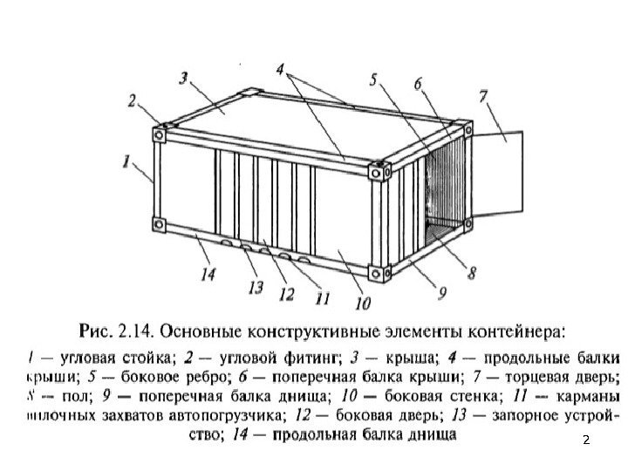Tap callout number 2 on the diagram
133,101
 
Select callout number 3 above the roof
184,78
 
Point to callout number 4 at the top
279,67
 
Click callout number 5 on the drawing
374,80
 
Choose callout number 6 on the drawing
419,84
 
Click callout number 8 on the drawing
472,272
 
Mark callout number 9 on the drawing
441,293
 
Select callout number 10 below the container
362,304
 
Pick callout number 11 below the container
322,299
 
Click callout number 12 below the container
284,294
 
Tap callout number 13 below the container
255,287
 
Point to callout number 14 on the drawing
207,274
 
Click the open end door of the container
502,174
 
